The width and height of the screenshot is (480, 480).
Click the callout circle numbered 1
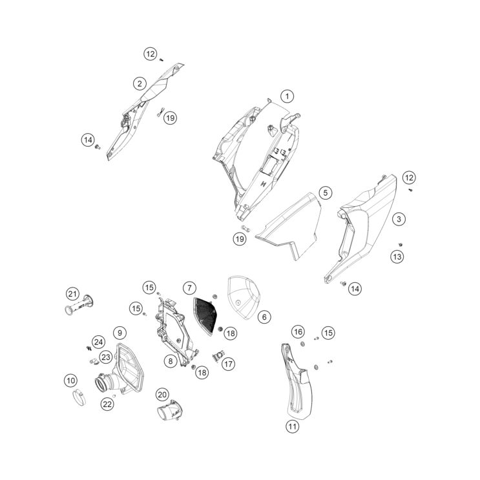tap(287, 96)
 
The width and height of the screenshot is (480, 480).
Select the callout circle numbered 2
tap(140, 83)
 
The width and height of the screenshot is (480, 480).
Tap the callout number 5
tap(326, 193)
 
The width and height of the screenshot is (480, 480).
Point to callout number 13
tap(397, 256)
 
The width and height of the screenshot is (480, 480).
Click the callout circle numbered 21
tap(72, 294)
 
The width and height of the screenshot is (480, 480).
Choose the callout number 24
tap(98, 342)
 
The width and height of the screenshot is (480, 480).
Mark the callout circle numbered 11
tap(293, 426)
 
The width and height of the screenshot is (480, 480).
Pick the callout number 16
tap(298, 331)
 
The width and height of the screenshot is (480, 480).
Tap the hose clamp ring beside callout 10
tap(79, 398)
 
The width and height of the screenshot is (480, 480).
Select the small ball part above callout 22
tap(114, 396)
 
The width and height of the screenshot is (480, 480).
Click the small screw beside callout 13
tap(400, 244)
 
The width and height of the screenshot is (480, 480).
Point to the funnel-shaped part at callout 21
tap(79, 304)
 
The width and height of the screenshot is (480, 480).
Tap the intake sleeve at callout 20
tap(170, 410)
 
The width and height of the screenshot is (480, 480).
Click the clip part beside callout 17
tap(217, 357)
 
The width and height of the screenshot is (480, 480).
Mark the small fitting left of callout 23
tap(93, 362)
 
